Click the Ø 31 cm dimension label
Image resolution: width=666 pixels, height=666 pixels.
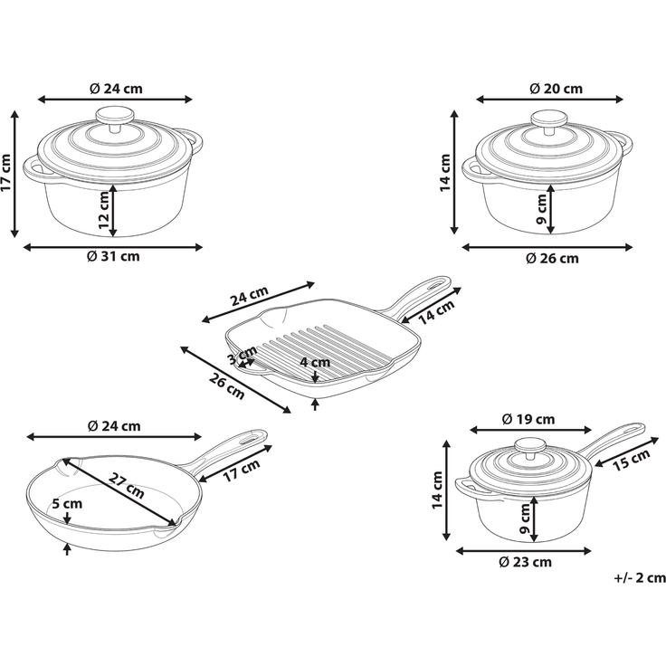(x=113, y=257)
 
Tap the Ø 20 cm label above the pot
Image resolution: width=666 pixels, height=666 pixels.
(x=556, y=89)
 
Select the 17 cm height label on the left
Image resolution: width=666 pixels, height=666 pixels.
(x=6, y=173)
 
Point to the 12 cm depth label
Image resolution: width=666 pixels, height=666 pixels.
(x=104, y=210)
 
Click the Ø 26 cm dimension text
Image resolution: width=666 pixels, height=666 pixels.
(x=552, y=258)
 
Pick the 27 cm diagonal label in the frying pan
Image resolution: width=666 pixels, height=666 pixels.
(x=126, y=485)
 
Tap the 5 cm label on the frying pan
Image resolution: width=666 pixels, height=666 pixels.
(x=67, y=504)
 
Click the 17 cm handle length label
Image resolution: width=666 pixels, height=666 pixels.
(x=242, y=471)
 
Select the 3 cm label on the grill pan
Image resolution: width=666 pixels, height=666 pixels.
(x=243, y=355)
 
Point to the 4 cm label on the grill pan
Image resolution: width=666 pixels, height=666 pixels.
(x=315, y=362)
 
